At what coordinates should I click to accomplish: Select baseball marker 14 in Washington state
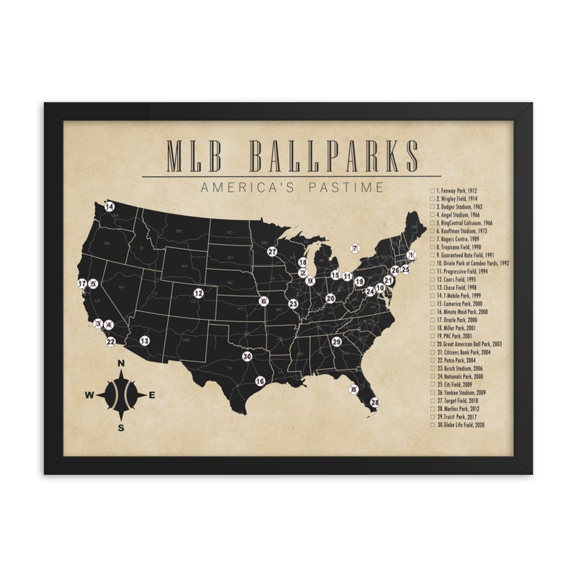point(109,206)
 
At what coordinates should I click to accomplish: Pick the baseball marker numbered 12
point(198,294)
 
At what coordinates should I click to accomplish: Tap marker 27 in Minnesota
point(273,251)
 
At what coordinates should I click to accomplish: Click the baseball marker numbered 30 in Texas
point(247,356)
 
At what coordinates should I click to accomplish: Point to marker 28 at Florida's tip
point(375,402)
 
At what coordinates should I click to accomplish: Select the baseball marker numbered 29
point(336,342)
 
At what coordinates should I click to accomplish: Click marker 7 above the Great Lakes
point(355,249)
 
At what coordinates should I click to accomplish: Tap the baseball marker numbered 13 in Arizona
point(145,340)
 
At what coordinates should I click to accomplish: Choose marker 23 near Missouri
point(293,304)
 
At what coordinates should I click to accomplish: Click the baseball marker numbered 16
point(259,381)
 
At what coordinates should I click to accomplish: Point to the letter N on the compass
point(121,363)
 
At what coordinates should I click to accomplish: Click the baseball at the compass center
point(121,395)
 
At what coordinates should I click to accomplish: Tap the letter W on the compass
point(90,395)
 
